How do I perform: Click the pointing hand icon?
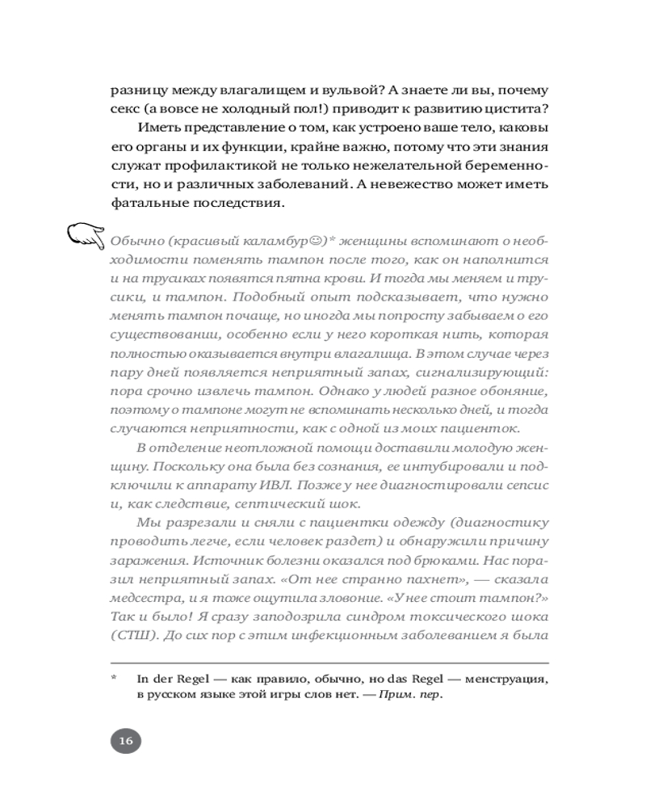point(86,237)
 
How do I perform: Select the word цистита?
point(516,109)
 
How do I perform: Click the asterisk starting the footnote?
point(115,680)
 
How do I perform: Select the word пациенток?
point(485,427)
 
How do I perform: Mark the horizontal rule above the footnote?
point(330,664)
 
